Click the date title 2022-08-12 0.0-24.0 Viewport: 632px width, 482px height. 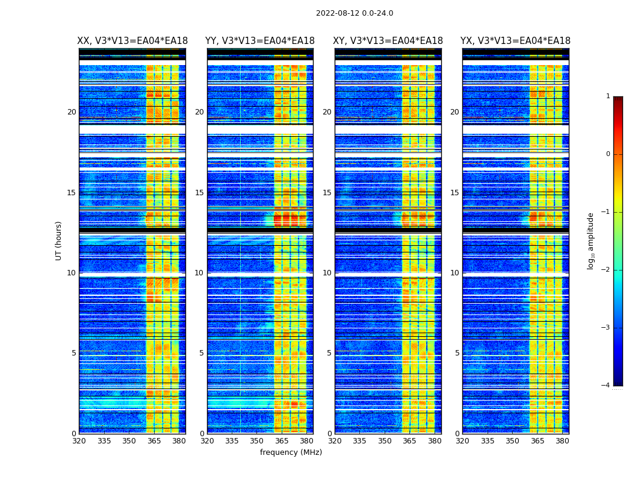click(x=355, y=13)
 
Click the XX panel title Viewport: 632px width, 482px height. click(x=132, y=41)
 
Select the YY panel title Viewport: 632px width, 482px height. click(x=260, y=41)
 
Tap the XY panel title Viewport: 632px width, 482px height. click(x=388, y=41)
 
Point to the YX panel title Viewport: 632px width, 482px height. click(x=515, y=41)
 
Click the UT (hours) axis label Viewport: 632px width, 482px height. click(x=59, y=240)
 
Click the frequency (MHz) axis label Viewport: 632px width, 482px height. click(x=291, y=452)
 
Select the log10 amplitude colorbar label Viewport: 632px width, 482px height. click(x=590, y=240)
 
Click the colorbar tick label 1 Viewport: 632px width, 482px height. click(x=607, y=96)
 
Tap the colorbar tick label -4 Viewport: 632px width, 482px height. click(x=606, y=386)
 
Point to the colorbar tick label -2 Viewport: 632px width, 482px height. click(x=606, y=270)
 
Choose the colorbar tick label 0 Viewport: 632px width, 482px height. click(x=607, y=154)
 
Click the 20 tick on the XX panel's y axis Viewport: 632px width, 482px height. click(x=72, y=112)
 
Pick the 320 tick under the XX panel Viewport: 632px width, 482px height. click(x=79, y=441)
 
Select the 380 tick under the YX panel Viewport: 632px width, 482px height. click(x=562, y=441)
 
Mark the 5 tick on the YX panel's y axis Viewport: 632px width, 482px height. click(x=457, y=353)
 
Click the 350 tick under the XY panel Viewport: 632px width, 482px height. click(x=385, y=441)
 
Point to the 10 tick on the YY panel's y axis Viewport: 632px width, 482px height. click(x=199, y=273)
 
